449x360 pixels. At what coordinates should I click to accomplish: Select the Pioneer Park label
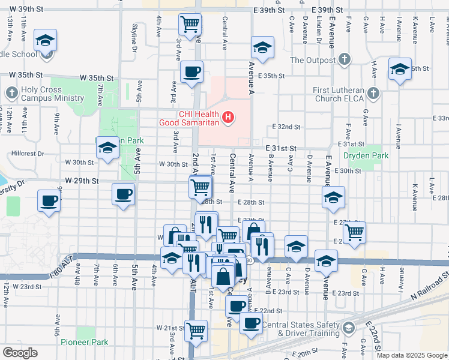coord(84,343)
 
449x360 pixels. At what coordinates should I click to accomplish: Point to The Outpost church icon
coord(344,59)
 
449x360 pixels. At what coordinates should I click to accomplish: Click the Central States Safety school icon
coord(348,328)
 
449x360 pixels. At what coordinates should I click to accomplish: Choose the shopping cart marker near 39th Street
coord(190,25)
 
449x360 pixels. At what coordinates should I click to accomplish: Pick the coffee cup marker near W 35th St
coord(191,72)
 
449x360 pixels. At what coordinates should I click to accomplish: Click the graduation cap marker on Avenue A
coord(262,47)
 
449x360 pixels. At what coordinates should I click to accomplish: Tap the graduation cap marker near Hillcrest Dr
coord(107,148)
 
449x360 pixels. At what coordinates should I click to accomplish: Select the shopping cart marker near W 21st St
coord(196,329)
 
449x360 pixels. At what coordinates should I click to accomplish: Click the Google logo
coord(20,353)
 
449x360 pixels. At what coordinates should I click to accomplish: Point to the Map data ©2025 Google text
coord(412,355)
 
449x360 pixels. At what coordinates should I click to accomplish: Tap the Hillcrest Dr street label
coord(23,154)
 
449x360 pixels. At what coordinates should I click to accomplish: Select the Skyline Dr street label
coord(134,37)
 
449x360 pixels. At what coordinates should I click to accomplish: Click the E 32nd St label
coord(286,127)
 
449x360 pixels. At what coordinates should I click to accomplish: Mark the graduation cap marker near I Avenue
coord(400,68)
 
